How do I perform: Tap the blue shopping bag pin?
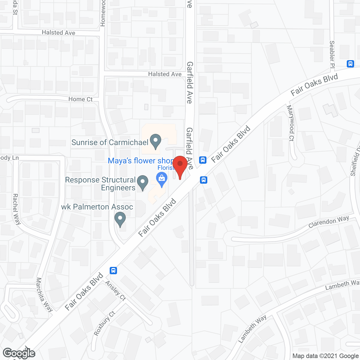point(162,179)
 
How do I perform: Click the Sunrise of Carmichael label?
point(110,142)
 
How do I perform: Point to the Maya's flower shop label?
point(141,161)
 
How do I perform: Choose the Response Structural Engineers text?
point(100,184)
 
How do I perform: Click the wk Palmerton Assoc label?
point(97,207)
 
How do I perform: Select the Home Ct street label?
point(80,99)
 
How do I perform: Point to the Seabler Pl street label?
point(332,54)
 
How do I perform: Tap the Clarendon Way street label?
point(328,222)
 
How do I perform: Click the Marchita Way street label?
point(44,295)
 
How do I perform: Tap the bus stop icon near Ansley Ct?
point(113,270)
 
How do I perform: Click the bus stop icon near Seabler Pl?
point(350,64)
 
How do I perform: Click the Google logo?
point(19,353)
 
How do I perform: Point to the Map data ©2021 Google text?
point(325,356)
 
